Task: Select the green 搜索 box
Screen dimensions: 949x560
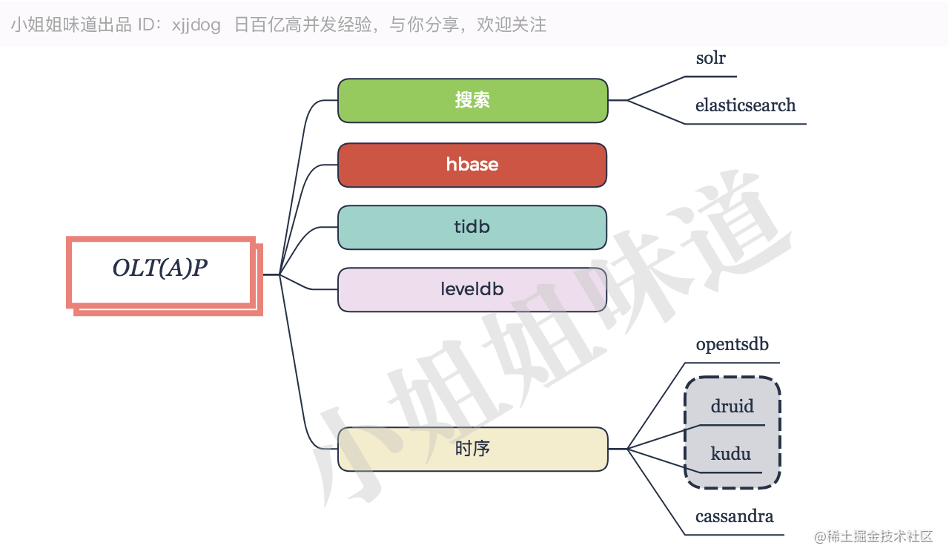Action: click(x=472, y=100)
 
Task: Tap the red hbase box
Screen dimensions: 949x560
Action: click(x=472, y=165)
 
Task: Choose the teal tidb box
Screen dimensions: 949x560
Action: click(x=472, y=227)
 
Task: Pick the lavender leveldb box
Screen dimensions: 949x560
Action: click(x=472, y=289)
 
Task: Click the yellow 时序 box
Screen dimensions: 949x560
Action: click(x=472, y=449)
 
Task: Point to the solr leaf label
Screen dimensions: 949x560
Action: click(x=710, y=58)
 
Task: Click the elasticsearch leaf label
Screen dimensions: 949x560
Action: click(x=745, y=105)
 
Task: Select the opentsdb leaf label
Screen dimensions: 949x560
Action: click(x=732, y=345)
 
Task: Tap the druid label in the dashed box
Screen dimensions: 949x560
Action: click(x=732, y=406)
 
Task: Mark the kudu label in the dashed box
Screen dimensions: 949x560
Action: click(x=731, y=453)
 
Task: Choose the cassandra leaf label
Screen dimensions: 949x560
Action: click(x=734, y=516)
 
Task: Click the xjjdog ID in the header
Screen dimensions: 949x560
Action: click(x=196, y=25)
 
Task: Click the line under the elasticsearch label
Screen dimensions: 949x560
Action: click(x=745, y=124)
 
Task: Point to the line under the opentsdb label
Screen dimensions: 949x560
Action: click(x=732, y=363)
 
